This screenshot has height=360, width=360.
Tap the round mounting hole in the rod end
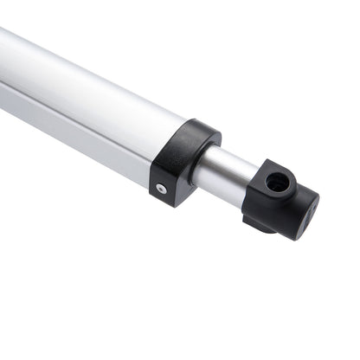(x=275, y=183)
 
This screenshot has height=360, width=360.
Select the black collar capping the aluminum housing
(x=183, y=161)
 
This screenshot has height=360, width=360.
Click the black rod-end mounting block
(x=279, y=201)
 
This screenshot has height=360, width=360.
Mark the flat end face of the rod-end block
(x=302, y=216)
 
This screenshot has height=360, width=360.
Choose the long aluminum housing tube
(x=87, y=100)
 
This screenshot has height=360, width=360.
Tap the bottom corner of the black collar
(x=178, y=202)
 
